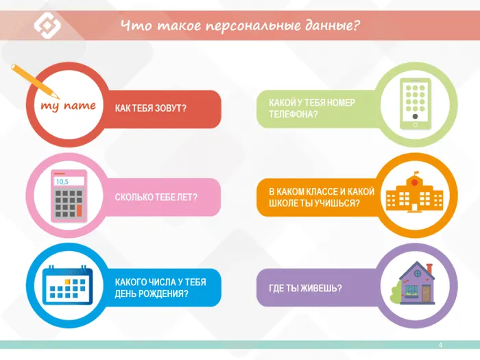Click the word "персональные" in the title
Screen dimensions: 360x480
pos(244,26)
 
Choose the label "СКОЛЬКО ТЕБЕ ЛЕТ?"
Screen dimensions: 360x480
pos(156,197)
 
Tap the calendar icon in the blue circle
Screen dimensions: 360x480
pos(67,286)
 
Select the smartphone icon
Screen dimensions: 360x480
pos(414,104)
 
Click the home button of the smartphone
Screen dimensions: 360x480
pos(414,124)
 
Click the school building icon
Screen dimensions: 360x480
pos(413,194)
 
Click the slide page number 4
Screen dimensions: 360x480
pos(440,344)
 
